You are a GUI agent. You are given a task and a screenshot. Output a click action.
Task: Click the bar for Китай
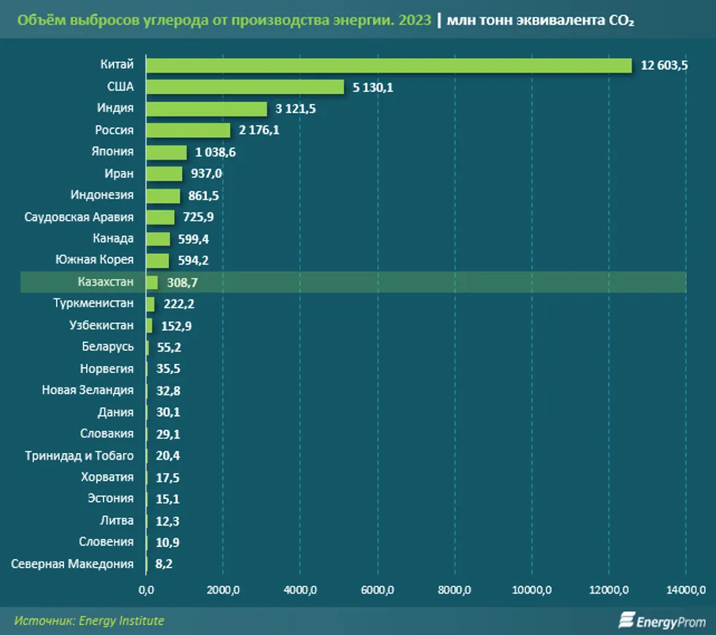point(388,66)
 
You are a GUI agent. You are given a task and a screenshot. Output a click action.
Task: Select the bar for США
point(245,87)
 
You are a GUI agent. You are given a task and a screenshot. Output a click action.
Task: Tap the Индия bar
point(206,109)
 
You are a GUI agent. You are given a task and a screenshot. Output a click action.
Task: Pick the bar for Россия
point(188,130)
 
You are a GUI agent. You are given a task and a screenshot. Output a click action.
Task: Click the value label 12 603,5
point(664,66)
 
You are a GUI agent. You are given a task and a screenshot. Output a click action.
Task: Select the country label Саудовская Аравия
point(79,217)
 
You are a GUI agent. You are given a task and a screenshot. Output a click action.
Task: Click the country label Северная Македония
point(73,564)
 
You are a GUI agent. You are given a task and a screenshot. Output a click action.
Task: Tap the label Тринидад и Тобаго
point(79,456)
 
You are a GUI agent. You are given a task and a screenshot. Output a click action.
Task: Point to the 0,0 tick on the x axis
point(146,589)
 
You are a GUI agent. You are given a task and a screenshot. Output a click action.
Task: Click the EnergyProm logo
point(651,621)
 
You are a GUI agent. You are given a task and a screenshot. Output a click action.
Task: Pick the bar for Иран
point(164,174)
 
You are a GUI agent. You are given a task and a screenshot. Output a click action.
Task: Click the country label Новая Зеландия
point(87,390)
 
